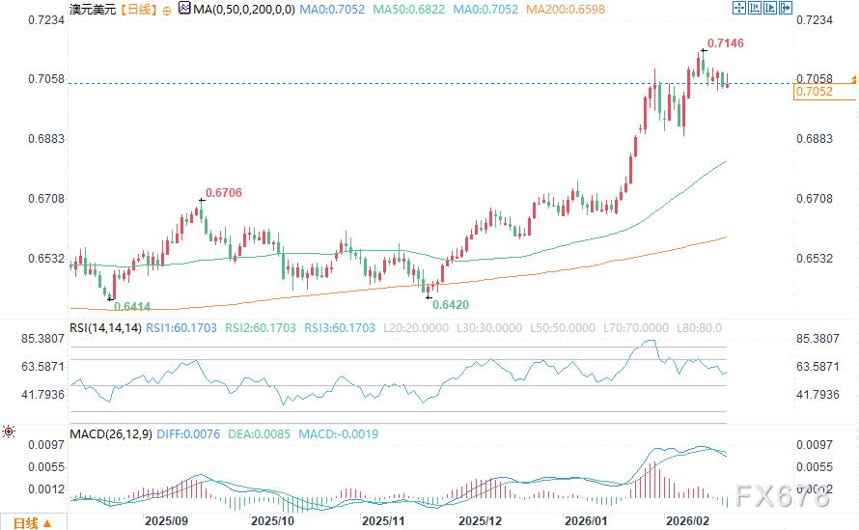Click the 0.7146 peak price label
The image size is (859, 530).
pyautogui.click(x=725, y=43)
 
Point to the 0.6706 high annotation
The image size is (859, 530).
pyautogui.click(x=223, y=193)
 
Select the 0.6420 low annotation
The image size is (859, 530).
pyautogui.click(x=451, y=304)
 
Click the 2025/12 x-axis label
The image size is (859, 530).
pyautogui.click(x=481, y=520)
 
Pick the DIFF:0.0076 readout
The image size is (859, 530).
pyautogui.click(x=200, y=434)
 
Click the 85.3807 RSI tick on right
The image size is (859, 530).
pyautogui.click(x=817, y=339)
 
